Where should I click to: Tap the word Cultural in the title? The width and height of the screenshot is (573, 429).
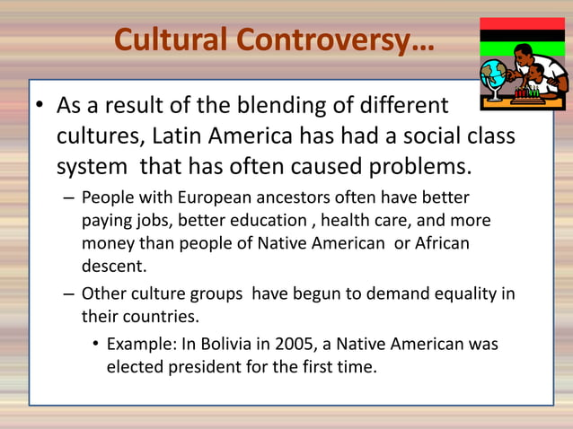tap(172, 40)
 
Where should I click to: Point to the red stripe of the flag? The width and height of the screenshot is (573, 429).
tap(522, 23)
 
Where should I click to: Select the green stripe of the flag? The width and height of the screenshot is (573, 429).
tap(522, 50)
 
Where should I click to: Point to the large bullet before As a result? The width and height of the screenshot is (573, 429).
tap(40, 108)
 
